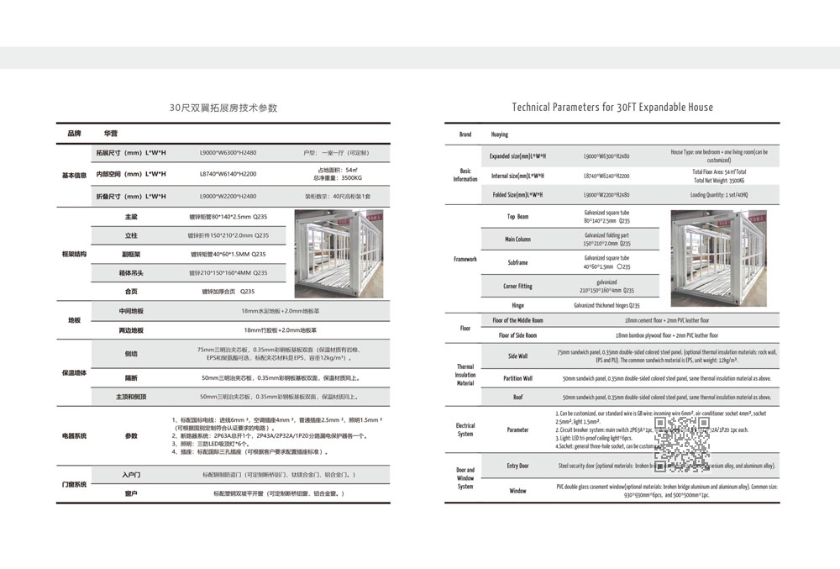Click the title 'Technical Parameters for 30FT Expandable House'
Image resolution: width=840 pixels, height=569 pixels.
(x=612, y=108)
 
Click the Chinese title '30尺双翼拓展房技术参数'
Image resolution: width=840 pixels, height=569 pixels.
(x=223, y=108)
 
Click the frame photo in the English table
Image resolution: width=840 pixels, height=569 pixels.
(x=718, y=258)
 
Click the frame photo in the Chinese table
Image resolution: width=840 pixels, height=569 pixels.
(x=339, y=253)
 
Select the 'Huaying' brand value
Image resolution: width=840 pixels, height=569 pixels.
(x=500, y=134)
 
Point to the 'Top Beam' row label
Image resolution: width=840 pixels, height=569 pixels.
(x=517, y=217)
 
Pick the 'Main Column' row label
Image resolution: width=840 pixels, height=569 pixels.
(x=517, y=240)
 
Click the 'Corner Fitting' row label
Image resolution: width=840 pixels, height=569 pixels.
(x=517, y=287)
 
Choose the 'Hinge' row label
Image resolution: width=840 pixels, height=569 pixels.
(x=517, y=305)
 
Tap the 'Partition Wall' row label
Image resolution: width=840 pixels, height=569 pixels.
(x=517, y=378)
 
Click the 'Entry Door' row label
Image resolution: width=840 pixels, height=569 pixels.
(x=517, y=466)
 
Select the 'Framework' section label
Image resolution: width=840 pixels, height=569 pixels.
(x=465, y=259)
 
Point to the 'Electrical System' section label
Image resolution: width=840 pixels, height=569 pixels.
(x=465, y=430)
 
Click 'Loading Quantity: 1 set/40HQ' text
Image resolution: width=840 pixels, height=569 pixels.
(x=719, y=195)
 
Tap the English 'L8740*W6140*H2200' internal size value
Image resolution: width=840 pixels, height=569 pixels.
(x=607, y=176)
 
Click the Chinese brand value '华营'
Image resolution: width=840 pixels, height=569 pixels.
(x=111, y=134)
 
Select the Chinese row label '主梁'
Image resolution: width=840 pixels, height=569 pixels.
(x=131, y=217)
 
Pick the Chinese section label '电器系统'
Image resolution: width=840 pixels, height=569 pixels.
(x=74, y=436)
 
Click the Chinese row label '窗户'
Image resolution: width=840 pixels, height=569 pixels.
(x=131, y=493)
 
